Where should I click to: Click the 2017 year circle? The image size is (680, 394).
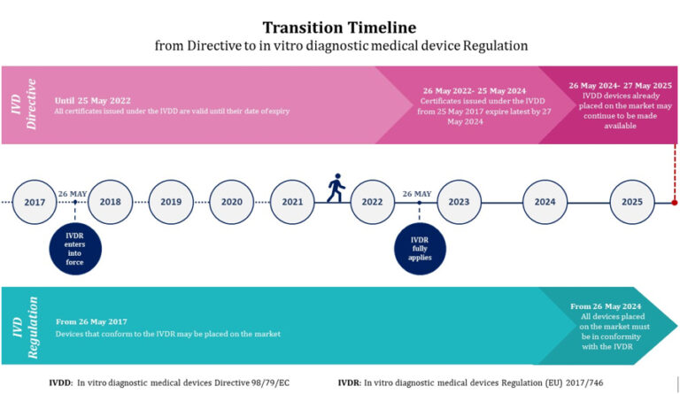(x=35, y=202)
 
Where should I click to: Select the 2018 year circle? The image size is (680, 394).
(x=111, y=202)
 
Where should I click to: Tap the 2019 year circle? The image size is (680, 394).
(x=171, y=202)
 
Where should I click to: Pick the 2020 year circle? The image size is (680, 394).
(x=232, y=202)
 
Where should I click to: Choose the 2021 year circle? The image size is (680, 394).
(x=292, y=202)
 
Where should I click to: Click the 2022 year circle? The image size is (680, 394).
(x=373, y=202)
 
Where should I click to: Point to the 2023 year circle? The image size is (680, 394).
(x=459, y=202)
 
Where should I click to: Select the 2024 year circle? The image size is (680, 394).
(x=545, y=202)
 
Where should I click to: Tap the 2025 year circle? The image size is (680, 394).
(x=631, y=202)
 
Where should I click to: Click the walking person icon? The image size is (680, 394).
(x=335, y=187)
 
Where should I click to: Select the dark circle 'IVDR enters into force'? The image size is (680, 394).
(x=74, y=244)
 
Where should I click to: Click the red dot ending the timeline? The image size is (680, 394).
(x=675, y=203)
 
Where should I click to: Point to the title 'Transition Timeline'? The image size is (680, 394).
(x=339, y=27)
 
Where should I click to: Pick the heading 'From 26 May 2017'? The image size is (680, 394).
(x=92, y=321)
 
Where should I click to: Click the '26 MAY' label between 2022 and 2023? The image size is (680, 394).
(x=417, y=194)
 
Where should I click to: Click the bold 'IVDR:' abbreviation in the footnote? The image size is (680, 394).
(x=350, y=382)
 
